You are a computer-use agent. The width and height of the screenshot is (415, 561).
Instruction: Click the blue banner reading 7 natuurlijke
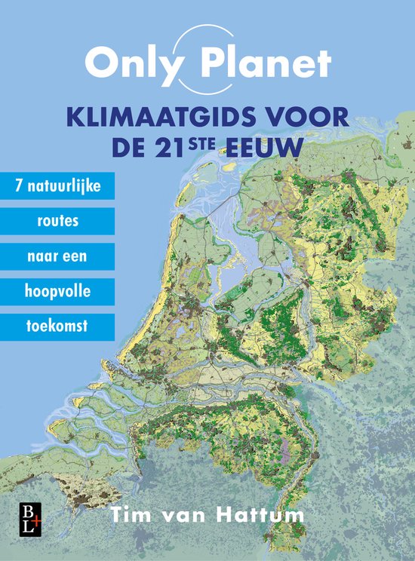(57, 185)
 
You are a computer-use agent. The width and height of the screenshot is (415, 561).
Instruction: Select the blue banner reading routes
(57, 222)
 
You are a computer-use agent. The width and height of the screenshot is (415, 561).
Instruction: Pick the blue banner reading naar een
(57, 256)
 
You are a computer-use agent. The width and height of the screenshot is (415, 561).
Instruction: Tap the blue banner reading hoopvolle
(57, 292)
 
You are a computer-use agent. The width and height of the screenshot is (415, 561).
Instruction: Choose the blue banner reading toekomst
(57, 327)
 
